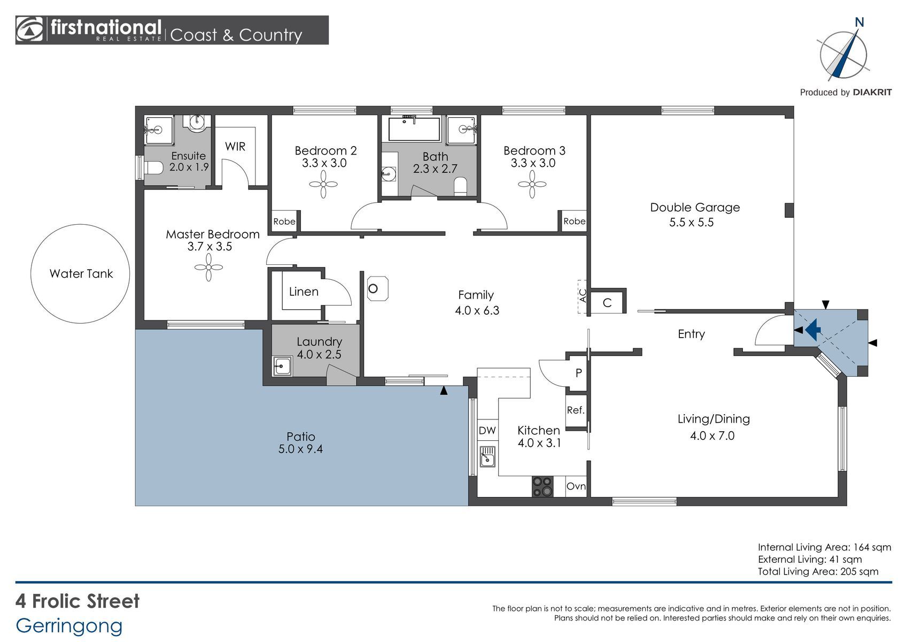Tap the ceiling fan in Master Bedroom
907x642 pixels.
208,267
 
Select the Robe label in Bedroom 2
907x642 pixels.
284,221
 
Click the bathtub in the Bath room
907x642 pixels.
414,128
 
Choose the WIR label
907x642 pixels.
235,146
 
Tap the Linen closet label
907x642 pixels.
304,292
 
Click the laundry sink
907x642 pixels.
282,366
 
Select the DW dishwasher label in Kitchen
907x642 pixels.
487,431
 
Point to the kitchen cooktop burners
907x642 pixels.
542,486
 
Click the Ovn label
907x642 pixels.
576,486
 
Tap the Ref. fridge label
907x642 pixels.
576,410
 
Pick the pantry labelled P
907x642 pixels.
579,372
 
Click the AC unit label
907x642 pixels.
583,295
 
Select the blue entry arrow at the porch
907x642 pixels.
812,329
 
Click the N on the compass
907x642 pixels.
859,22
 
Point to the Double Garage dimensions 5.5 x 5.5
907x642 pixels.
691,223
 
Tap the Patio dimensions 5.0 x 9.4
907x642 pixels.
300,449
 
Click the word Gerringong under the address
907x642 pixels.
69,626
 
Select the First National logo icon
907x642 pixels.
29,29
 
